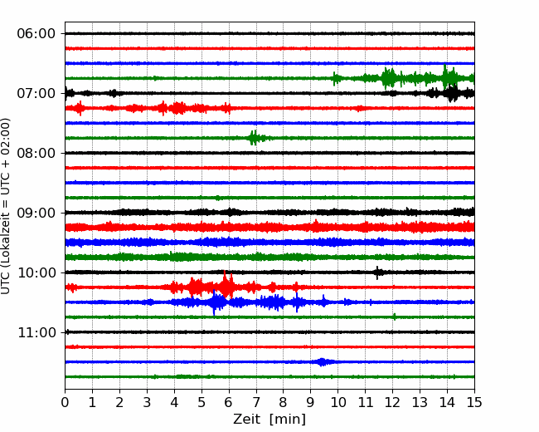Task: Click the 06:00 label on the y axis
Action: pyautogui.click(x=36, y=34)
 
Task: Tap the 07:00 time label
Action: pyautogui.click(x=36, y=93)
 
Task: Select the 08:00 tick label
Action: pyautogui.click(x=36, y=153)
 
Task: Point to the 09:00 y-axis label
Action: pyautogui.click(x=36, y=213)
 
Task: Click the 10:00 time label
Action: pyautogui.click(x=36, y=272)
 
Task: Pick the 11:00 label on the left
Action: pyautogui.click(x=36, y=332)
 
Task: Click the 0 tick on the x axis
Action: pyautogui.click(x=65, y=402)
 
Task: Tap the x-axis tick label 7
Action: pyautogui.click(x=256, y=402)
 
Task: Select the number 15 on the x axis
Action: pyautogui.click(x=474, y=402)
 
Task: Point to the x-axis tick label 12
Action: pyautogui.click(x=392, y=402)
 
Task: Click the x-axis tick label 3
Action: pyautogui.click(x=147, y=402)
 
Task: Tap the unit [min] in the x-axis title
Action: pyautogui.click(x=288, y=420)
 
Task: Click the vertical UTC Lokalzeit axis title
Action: pyautogui.click(x=6, y=206)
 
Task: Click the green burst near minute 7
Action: pyautogui.click(x=254, y=138)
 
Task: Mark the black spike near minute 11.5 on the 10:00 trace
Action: pyautogui.click(x=377, y=272)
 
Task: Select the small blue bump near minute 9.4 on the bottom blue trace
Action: pyautogui.click(x=322, y=361)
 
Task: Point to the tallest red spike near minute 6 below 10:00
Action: pyautogui.click(x=226, y=284)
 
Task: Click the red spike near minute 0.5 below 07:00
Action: pyautogui.click(x=80, y=108)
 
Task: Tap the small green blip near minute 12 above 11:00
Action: pyautogui.click(x=394, y=317)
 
